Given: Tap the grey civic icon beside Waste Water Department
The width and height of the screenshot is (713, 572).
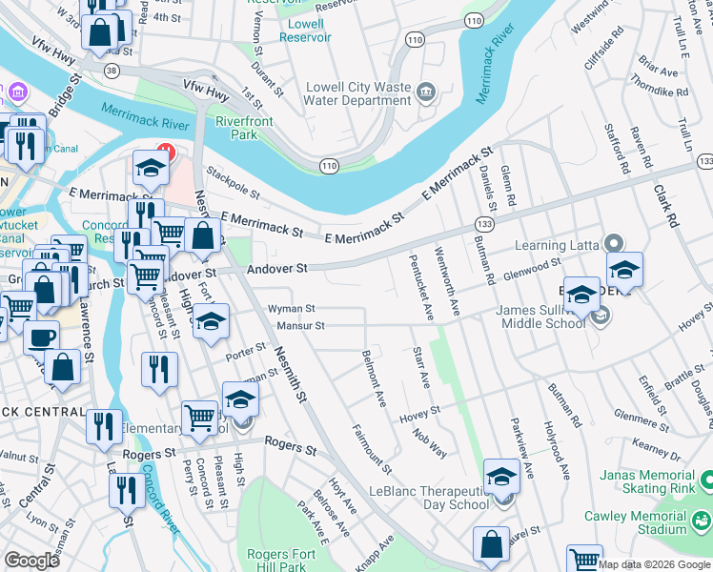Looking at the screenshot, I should tap(425, 92).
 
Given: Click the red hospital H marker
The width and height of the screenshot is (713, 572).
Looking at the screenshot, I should tap(164, 151).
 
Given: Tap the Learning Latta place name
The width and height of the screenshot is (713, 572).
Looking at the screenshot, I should tap(554, 246).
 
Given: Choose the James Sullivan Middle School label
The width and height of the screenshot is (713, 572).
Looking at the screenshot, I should tap(540, 317).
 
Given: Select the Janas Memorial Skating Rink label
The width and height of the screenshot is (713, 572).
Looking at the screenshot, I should tap(656, 481).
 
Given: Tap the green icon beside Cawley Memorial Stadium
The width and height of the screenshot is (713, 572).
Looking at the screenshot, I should tap(702, 521).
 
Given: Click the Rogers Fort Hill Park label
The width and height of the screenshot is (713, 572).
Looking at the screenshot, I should tap(287, 560).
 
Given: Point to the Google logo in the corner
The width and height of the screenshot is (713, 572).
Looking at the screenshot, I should tap(32, 561).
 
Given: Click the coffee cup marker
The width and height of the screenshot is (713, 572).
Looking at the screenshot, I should tap(40, 337).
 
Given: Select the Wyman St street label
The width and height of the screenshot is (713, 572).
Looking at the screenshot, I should tap(291, 309).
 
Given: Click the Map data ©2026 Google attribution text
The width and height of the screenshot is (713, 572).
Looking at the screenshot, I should tap(655, 564).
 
